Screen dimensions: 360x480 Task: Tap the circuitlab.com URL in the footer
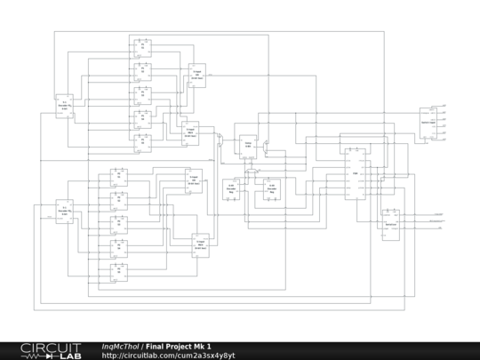pos(168,356)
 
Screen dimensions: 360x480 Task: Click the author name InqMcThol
pos(120,347)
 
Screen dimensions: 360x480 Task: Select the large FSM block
pos(356,174)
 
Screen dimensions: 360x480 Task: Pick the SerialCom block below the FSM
pos(389,220)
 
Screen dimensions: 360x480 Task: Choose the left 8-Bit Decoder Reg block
pos(231,190)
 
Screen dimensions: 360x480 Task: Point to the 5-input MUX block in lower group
pos(201,244)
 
